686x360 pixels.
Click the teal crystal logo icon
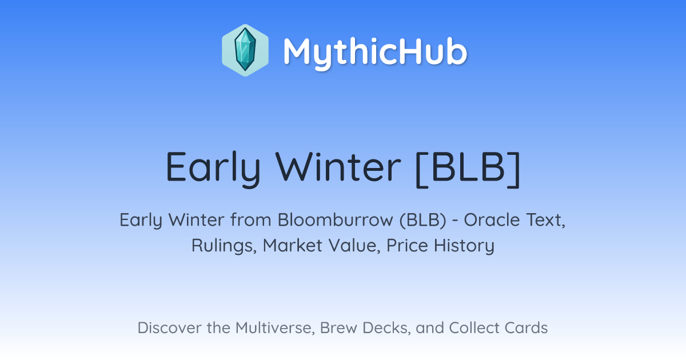(245, 50)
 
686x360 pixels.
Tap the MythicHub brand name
(375, 52)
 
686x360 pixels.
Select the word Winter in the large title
(338, 166)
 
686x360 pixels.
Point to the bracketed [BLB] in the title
(468, 169)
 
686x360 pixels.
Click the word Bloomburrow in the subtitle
(336, 219)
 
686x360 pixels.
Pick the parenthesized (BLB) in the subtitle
(423, 220)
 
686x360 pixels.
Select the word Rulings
(224, 246)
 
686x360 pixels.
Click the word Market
(293, 245)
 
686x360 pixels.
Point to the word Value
(354, 246)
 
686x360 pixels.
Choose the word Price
(407, 245)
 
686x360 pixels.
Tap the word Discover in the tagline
(169, 327)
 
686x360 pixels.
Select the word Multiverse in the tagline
(275, 328)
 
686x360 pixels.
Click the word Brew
(338, 327)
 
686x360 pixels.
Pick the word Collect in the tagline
(474, 327)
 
